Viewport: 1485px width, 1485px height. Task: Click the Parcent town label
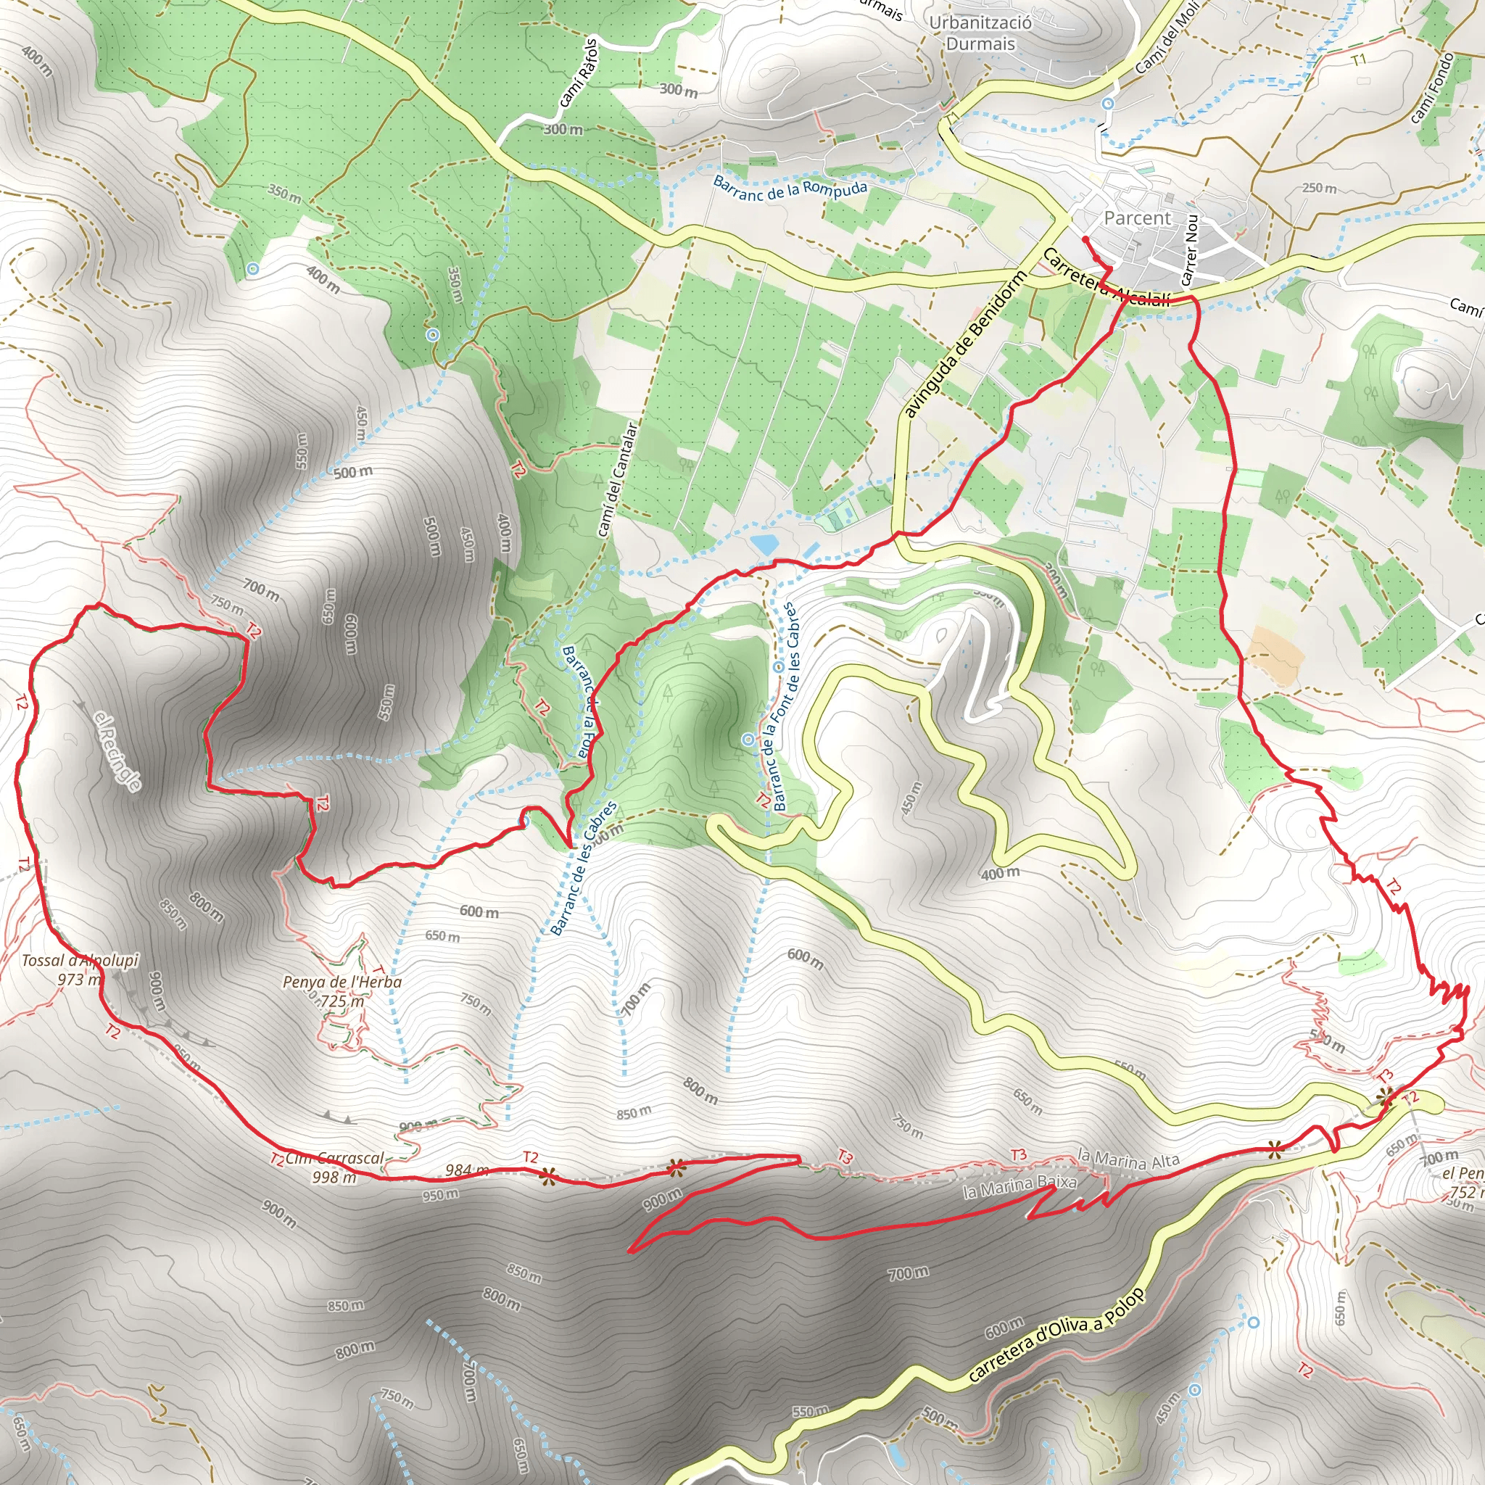(x=1137, y=218)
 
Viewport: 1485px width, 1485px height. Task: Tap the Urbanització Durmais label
(x=980, y=33)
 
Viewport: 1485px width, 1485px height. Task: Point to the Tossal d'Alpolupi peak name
(x=80, y=961)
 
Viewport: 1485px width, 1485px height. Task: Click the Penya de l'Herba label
(x=342, y=983)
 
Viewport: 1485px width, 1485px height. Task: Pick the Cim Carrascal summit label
(x=335, y=1158)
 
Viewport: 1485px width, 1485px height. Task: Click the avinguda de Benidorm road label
(x=965, y=344)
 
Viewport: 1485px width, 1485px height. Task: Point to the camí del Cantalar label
(x=617, y=479)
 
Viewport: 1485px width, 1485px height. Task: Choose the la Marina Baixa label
(x=1019, y=1186)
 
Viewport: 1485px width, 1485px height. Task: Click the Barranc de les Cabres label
(x=584, y=869)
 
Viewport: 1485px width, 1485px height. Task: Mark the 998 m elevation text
(x=334, y=1177)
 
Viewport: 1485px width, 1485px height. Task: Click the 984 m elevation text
(x=466, y=1170)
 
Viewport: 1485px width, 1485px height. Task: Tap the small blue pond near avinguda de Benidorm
(x=765, y=545)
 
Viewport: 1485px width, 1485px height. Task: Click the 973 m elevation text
(x=79, y=979)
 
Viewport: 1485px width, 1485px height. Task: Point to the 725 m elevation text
(x=343, y=1001)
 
